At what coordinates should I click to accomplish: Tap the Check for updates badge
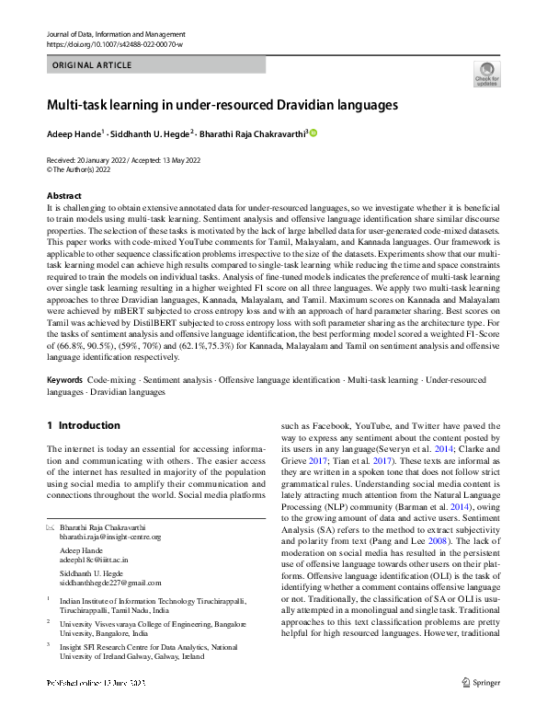486,75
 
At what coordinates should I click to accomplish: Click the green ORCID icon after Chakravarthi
313,133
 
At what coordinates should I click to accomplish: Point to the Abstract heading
64,196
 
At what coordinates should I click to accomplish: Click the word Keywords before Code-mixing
66,379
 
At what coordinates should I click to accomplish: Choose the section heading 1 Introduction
84,425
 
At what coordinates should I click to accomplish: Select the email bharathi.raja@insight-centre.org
97,537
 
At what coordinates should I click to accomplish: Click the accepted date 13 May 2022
197,159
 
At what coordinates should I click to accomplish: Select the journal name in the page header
115,34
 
